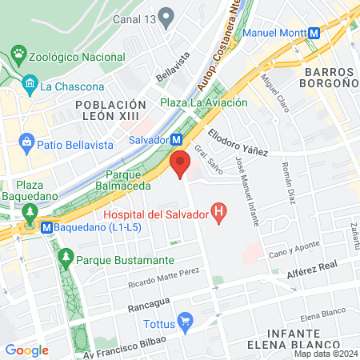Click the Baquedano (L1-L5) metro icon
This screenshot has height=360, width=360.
point(46,226)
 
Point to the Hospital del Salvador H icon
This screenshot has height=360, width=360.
point(216,212)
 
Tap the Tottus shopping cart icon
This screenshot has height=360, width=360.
point(186,322)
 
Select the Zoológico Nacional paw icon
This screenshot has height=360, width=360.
point(18,57)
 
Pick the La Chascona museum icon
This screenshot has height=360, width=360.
point(30,84)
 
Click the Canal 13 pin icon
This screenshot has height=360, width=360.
point(166,16)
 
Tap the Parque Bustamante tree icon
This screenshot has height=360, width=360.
point(66,260)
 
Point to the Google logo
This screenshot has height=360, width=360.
point(26,350)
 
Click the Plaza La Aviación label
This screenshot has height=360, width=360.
point(203,102)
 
